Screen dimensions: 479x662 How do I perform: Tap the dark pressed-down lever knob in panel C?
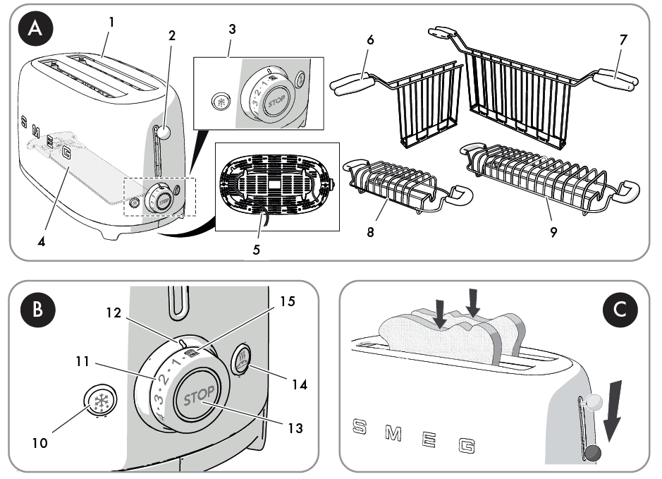[594, 452]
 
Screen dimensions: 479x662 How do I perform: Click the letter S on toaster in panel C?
[360, 426]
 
